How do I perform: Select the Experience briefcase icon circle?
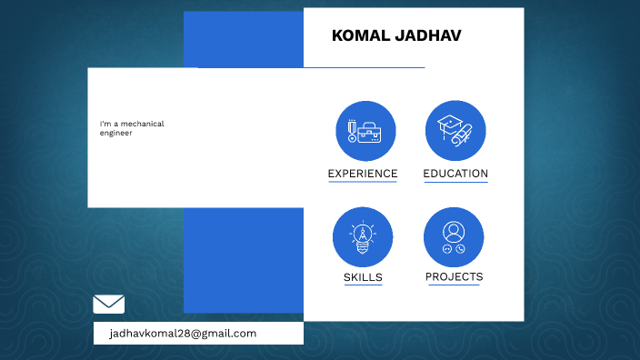pyautogui.click(x=365, y=131)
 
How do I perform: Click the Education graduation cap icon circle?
pyautogui.click(x=455, y=131)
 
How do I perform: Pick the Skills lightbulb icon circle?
pyautogui.click(x=363, y=236)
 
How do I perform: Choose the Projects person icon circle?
pyautogui.click(x=454, y=236)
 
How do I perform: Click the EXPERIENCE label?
pyautogui.click(x=363, y=174)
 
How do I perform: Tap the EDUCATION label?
pyautogui.click(x=455, y=174)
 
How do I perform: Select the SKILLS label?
pyautogui.click(x=363, y=277)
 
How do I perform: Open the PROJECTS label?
pyautogui.click(x=454, y=276)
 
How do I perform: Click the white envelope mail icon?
pyautogui.click(x=109, y=305)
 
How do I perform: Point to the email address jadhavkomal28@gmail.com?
pyautogui.click(x=183, y=334)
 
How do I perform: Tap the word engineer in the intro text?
pyautogui.click(x=116, y=133)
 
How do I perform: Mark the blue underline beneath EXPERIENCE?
pyautogui.click(x=363, y=182)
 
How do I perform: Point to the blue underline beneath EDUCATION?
pyautogui.click(x=455, y=182)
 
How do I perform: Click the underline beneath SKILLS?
pyautogui.click(x=363, y=285)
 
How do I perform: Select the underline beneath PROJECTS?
pyautogui.click(x=454, y=285)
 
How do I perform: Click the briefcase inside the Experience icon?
pyautogui.click(x=370, y=134)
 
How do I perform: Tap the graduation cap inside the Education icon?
pyautogui.click(x=450, y=123)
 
